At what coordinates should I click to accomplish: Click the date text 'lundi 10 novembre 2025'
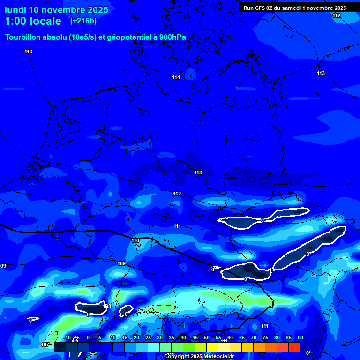(56, 10)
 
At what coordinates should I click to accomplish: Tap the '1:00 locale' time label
(33, 21)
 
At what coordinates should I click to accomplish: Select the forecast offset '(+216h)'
(83, 21)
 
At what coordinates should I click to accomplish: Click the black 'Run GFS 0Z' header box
(295, 8)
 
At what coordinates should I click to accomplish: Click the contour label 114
(176, 77)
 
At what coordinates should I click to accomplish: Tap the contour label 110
(135, 240)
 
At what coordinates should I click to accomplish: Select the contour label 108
(107, 306)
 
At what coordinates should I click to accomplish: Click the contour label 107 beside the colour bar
(45, 345)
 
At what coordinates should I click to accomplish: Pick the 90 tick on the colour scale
(300, 338)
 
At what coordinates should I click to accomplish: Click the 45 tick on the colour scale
(195, 338)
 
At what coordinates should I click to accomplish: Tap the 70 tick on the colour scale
(253, 338)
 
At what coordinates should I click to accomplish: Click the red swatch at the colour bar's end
(294, 347)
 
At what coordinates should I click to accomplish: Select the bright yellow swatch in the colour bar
(212, 347)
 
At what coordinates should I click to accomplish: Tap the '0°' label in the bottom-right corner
(308, 353)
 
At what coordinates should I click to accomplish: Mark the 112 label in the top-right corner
(336, 16)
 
